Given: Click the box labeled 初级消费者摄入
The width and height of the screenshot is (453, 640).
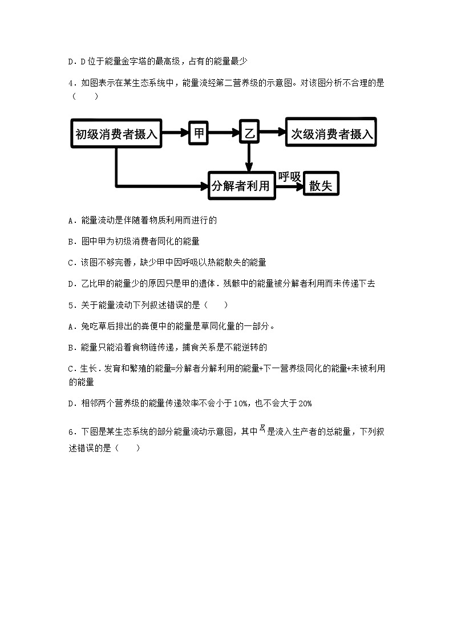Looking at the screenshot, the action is pyautogui.click(x=116, y=134).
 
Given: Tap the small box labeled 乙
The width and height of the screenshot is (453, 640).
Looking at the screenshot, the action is pyautogui.click(x=249, y=133).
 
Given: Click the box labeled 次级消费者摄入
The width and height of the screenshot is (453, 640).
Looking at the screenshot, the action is pyautogui.click(x=331, y=134).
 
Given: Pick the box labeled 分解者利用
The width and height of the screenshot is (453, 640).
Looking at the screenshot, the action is pyautogui.click(x=242, y=186).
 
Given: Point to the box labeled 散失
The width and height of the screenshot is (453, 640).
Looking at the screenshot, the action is pyautogui.click(x=321, y=186).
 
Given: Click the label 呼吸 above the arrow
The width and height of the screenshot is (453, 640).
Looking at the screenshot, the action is pyautogui.click(x=289, y=177).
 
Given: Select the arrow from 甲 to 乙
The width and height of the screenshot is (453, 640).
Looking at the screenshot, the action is pyautogui.click(x=224, y=133).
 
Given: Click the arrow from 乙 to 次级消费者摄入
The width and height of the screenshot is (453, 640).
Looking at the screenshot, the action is pyautogui.click(x=272, y=133).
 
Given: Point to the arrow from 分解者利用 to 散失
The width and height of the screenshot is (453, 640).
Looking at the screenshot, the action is pyautogui.click(x=289, y=186).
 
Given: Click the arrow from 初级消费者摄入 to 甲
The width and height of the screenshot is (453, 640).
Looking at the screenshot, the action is pyautogui.click(x=176, y=133).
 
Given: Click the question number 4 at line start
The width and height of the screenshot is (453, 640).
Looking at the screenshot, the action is pyautogui.click(x=70, y=83).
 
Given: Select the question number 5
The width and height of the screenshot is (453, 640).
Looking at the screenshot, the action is pyautogui.click(x=70, y=305).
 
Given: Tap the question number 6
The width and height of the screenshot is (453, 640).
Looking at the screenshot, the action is pyautogui.click(x=70, y=433).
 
